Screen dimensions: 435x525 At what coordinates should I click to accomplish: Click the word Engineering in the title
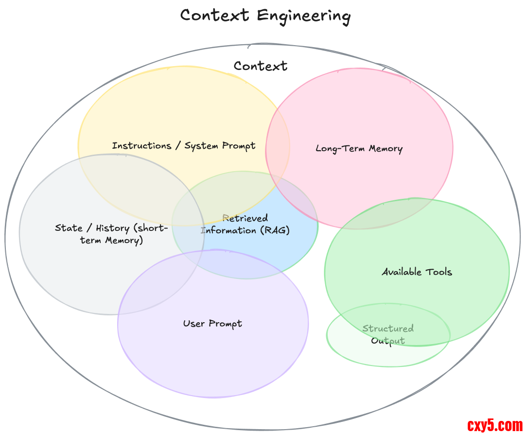tap(303, 16)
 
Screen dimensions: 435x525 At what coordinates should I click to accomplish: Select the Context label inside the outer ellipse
tap(261, 66)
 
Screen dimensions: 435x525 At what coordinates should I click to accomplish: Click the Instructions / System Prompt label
tap(184, 146)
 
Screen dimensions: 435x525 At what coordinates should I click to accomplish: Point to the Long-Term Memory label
tap(359, 149)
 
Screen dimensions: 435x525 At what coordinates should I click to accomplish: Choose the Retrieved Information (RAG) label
tap(245, 225)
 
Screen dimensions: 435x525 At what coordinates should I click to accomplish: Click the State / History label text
tap(111, 234)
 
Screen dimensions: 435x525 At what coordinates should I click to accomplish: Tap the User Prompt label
tap(212, 324)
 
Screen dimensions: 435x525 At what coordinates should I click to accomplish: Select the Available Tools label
tap(417, 272)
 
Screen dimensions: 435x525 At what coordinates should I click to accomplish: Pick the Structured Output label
tap(388, 334)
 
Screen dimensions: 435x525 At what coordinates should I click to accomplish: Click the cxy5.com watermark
tap(495, 425)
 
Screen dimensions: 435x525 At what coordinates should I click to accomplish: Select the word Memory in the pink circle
tap(385, 149)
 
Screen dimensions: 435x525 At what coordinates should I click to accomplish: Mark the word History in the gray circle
tap(112, 228)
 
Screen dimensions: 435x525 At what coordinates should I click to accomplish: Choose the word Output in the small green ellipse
tap(388, 341)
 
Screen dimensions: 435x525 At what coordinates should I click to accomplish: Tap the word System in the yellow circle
tap(201, 146)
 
